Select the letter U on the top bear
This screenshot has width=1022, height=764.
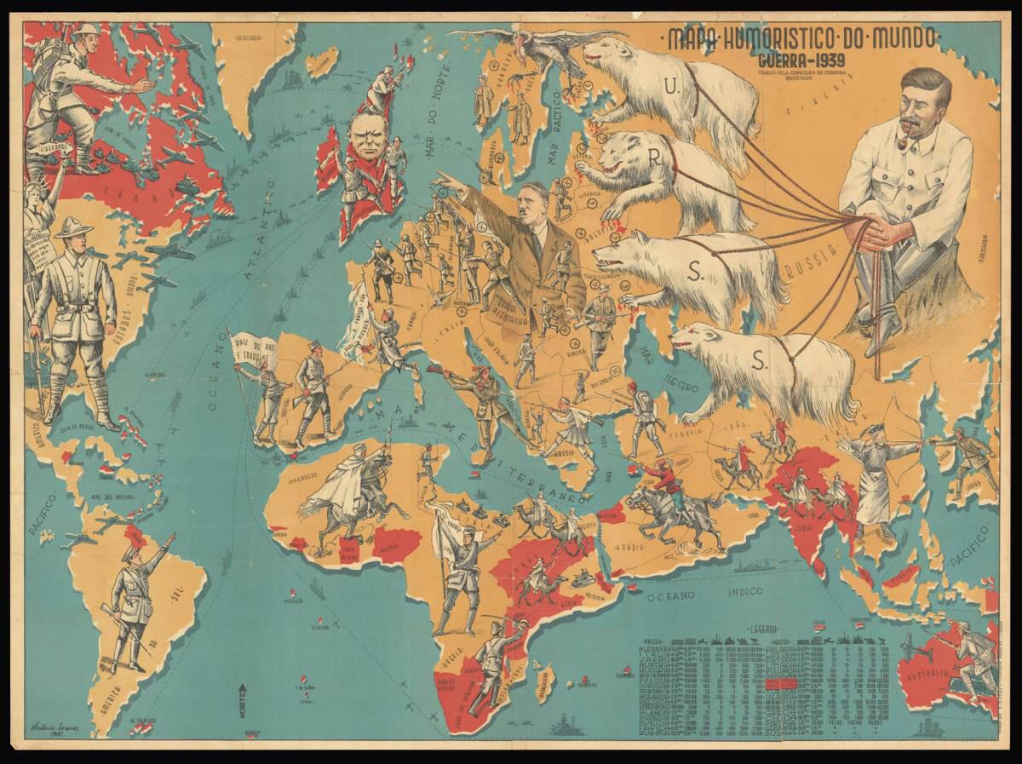pos(671,85)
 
